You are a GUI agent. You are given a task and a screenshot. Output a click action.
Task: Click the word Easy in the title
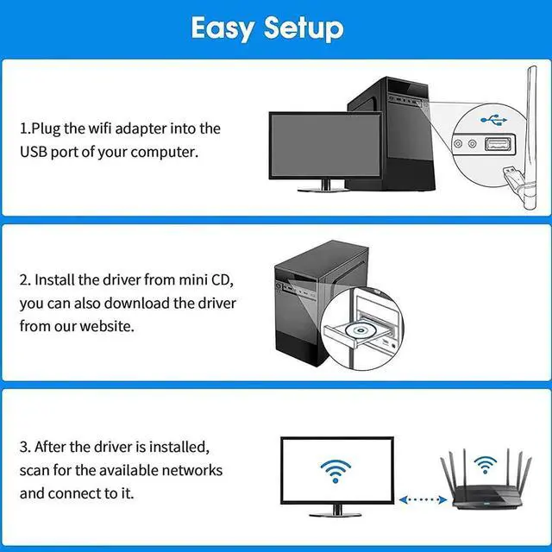point(223,28)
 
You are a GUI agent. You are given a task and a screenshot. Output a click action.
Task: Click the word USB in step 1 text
point(35,152)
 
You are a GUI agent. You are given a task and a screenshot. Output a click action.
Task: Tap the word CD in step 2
point(221,280)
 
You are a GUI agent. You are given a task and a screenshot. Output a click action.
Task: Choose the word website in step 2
point(107,326)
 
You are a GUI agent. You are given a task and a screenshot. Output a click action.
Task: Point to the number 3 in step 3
point(24,448)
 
